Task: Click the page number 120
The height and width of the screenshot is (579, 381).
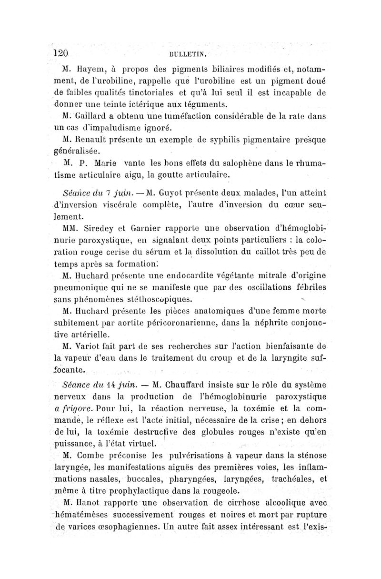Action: click(x=61, y=52)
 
